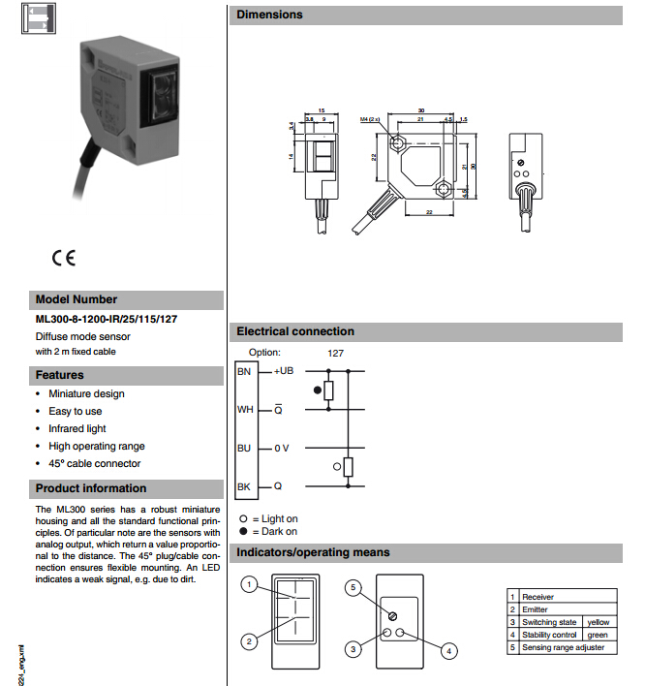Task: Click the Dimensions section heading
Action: tap(269, 15)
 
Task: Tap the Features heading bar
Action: tap(60, 375)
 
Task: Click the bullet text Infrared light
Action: tap(77, 428)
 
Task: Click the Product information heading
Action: tap(91, 488)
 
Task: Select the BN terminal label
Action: tap(244, 372)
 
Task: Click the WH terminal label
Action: tap(244, 409)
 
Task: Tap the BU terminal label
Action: tap(244, 448)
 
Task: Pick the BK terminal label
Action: tap(244, 485)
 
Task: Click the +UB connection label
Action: tap(282, 372)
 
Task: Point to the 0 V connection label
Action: tap(280, 448)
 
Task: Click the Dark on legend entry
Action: tap(274, 531)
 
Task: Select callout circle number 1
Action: tap(250, 584)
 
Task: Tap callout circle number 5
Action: tap(354, 587)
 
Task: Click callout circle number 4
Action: tap(448, 651)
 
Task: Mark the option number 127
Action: tap(335, 353)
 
